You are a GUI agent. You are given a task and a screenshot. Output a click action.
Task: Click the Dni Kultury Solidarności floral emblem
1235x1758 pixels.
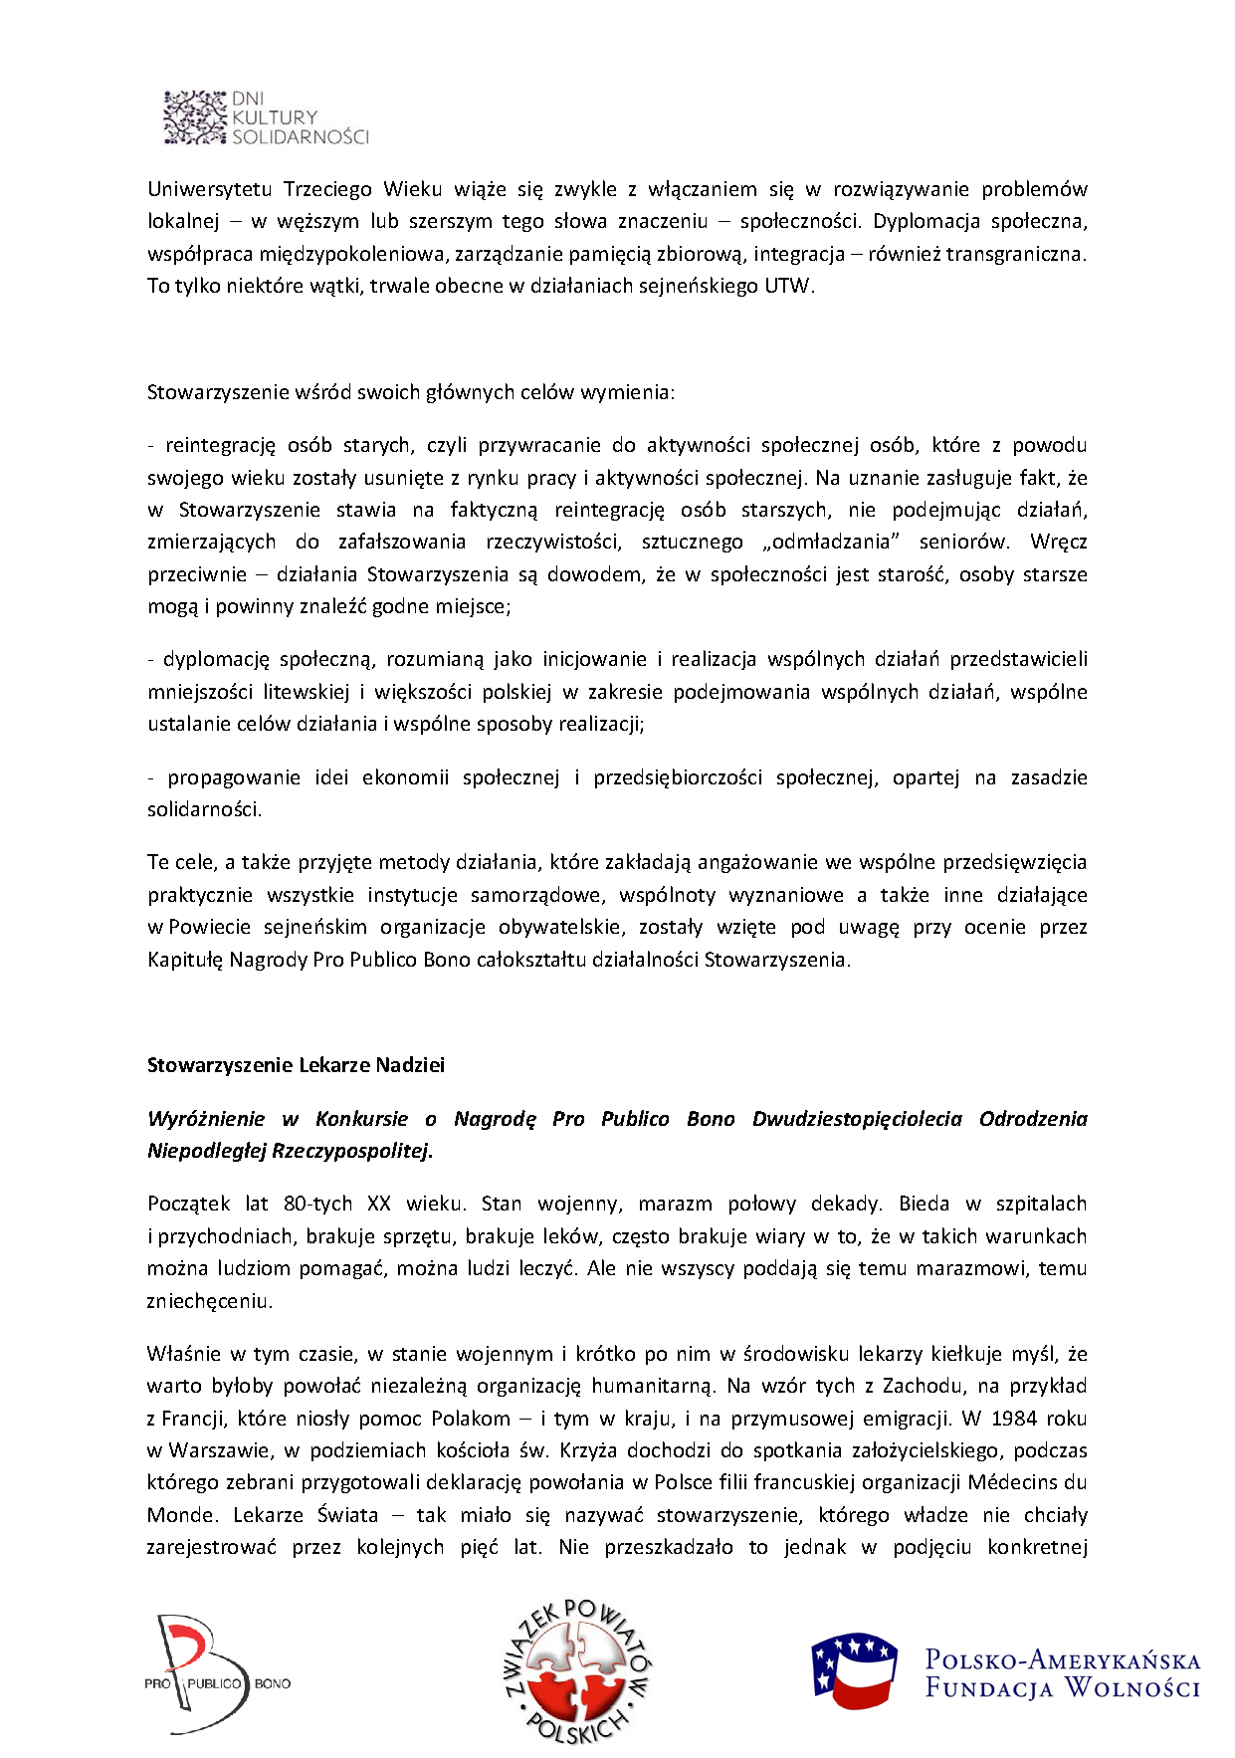(195, 117)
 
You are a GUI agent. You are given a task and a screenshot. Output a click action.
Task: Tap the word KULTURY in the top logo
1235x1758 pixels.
(275, 117)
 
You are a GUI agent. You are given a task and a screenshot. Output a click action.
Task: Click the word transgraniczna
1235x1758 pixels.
(1014, 254)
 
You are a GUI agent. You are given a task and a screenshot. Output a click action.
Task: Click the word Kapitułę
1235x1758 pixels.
(185, 961)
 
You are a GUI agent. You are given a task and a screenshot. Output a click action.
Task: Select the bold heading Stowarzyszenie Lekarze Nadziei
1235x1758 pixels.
(296, 1065)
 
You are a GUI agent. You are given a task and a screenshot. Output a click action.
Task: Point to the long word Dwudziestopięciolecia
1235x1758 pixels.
(857, 1119)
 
